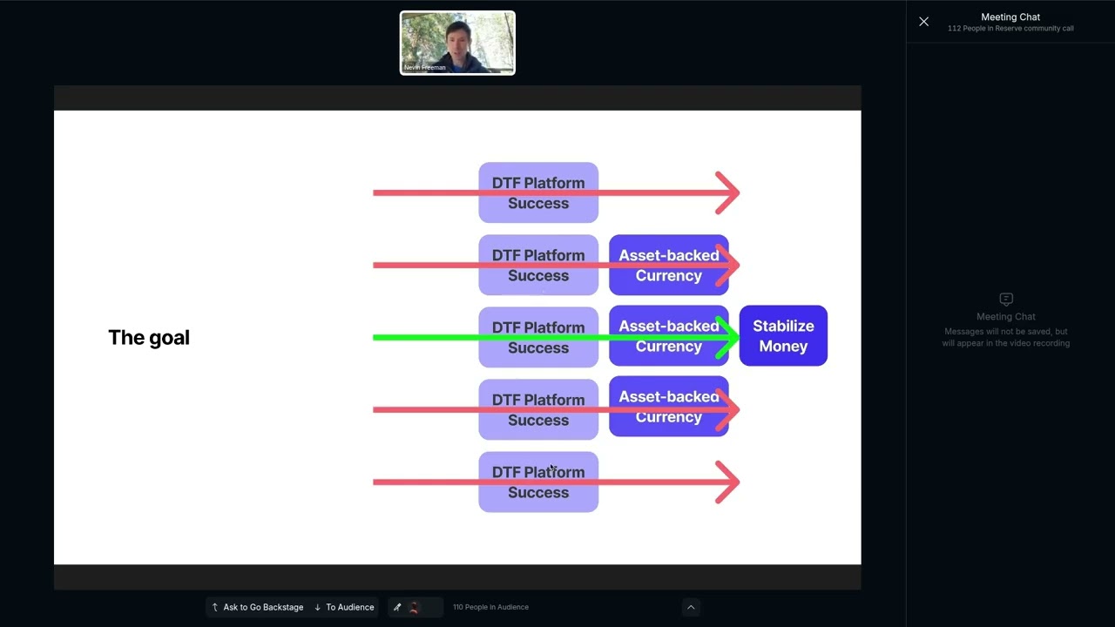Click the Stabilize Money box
click(x=783, y=336)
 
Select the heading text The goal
click(x=149, y=338)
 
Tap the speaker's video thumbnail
click(x=457, y=43)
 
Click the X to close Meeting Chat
click(x=924, y=22)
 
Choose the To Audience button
click(x=344, y=607)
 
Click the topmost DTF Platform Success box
click(x=538, y=192)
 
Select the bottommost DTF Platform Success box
click(x=538, y=482)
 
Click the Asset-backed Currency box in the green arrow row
click(x=668, y=336)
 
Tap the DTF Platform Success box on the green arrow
click(x=538, y=337)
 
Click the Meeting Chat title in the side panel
click(x=1010, y=17)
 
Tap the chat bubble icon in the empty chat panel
click(x=1006, y=299)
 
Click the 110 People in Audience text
click(x=490, y=607)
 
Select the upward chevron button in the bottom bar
click(x=691, y=607)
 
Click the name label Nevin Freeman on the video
click(x=425, y=67)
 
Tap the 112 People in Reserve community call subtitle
click(x=1010, y=29)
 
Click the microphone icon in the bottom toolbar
click(x=397, y=607)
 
